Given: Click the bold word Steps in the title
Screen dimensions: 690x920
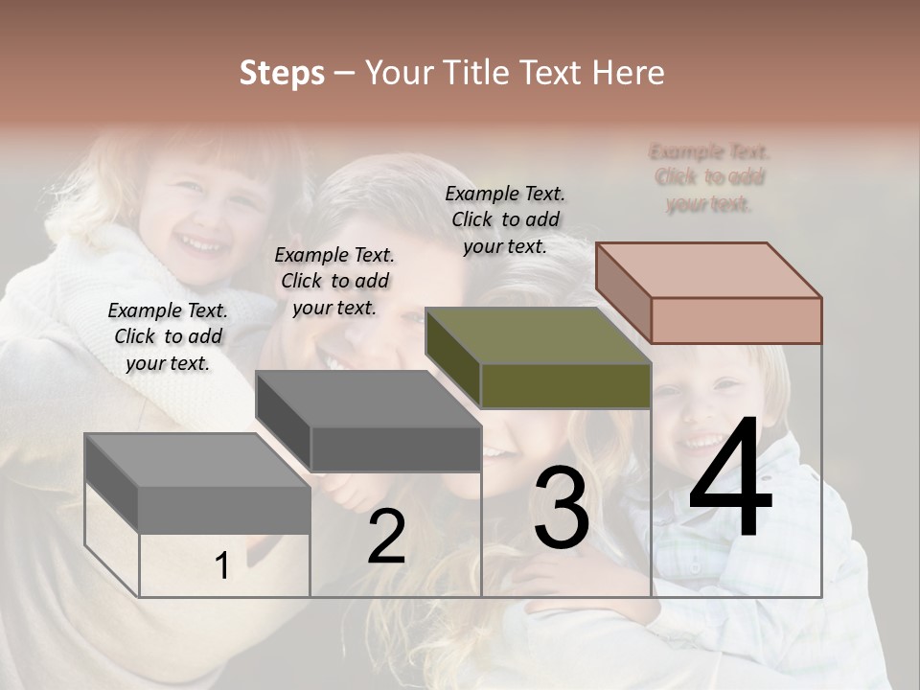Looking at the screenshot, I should pos(282,73).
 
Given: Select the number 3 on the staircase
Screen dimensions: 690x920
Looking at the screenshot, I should pos(562,508).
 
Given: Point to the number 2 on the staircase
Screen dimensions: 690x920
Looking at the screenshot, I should pos(386,537).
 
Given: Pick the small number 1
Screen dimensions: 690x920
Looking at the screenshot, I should pos(222,566).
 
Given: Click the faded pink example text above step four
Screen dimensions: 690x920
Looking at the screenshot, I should pos(709,177).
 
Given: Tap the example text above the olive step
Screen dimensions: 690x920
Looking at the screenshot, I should pos(505,219).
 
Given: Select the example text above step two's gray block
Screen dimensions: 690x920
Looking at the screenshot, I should pos(334,281).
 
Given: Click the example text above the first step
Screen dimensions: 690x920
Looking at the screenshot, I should pos(168,336).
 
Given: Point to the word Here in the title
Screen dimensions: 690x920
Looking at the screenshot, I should pos(629,73).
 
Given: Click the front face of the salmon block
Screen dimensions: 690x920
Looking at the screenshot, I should pos(736,320).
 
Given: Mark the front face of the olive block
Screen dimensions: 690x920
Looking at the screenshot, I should pos(565,385).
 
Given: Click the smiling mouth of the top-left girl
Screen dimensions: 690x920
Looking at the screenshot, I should pos(201,245).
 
